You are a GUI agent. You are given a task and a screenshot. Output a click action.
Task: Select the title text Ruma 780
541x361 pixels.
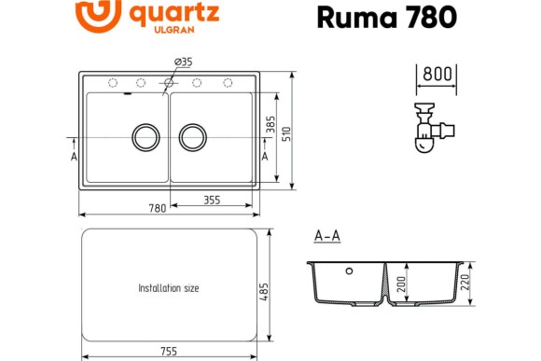[386, 17]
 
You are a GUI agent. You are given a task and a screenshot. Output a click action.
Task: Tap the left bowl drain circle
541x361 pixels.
[145, 136]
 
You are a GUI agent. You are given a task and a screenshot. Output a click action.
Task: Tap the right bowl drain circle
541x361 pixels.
[192, 136]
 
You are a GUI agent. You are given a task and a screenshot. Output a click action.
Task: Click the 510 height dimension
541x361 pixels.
[287, 133]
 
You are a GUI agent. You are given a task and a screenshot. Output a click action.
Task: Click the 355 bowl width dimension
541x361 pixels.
[212, 199]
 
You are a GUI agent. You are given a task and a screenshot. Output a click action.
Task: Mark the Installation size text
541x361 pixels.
[168, 288]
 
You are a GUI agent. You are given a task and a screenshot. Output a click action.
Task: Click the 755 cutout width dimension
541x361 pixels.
[170, 351]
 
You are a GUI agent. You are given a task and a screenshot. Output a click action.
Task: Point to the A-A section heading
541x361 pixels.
[326, 236]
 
